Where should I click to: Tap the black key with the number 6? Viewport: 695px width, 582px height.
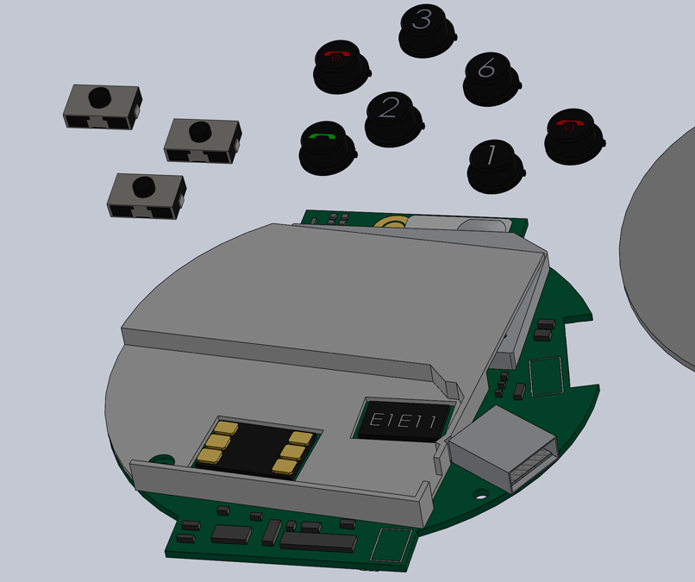492,79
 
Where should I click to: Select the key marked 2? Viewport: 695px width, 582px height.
393,119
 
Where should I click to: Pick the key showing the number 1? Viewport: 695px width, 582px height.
496,166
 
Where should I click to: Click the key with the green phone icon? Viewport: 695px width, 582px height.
328,147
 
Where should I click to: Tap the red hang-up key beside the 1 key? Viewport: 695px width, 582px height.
574,136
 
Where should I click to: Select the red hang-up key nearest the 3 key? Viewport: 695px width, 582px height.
341,66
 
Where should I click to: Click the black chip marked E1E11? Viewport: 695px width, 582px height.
404,421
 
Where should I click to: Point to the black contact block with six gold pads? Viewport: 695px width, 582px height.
257,448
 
